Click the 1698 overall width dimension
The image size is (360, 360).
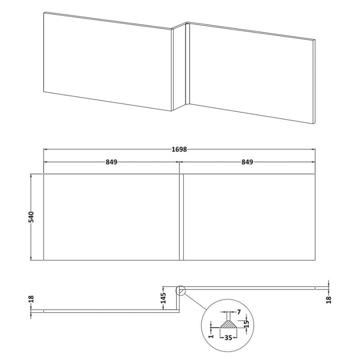[179, 149]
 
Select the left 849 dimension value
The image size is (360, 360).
[111, 162]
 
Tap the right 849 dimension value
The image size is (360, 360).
[247, 162]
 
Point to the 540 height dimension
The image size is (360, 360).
[31, 217]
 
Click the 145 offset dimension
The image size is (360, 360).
[163, 298]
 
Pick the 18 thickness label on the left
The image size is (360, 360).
[31, 299]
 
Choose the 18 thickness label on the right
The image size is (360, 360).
[329, 300]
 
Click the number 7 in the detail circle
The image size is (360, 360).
[239, 312]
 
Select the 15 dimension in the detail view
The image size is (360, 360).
[246, 324]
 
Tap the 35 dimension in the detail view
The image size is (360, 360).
[228, 338]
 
